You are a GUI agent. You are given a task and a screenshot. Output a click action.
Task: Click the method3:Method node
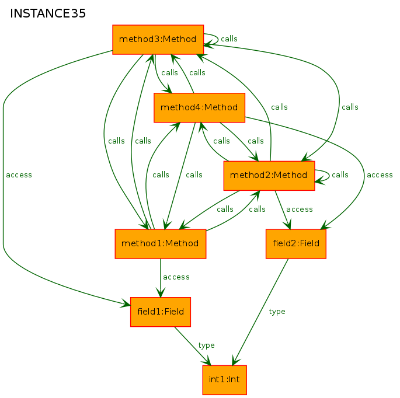pyautogui.click(x=158, y=40)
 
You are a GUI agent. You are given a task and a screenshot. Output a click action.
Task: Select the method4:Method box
pyautogui.click(x=199, y=107)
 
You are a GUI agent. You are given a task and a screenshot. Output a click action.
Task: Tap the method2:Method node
pyautogui.click(x=269, y=176)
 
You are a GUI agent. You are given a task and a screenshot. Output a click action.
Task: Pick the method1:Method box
pyautogui.click(x=161, y=244)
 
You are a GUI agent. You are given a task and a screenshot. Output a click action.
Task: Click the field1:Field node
pyautogui.click(x=161, y=312)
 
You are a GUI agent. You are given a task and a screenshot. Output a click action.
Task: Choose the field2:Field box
pyautogui.click(x=296, y=244)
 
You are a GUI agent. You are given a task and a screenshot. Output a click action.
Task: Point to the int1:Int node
pyautogui.click(x=224, y=380)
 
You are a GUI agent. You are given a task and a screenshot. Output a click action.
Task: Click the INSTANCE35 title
pyautogui.click(x=48, y=13)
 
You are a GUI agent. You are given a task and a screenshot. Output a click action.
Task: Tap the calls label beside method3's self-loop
pyautogui.click(x=229, y=39)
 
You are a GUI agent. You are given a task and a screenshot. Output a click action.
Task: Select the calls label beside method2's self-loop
pyautogui.click(x=340, y=174)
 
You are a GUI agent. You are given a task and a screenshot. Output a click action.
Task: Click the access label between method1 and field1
pyautogui.click(x=176, y=277)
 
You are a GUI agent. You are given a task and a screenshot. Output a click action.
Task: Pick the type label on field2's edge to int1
pyautogui.click(x=277, y=312)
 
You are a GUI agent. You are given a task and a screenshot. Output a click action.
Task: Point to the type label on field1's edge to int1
pyautogui.click(x=206, y=345)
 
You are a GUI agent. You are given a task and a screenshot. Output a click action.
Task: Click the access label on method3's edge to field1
pyautogui.click(x=19, y=175)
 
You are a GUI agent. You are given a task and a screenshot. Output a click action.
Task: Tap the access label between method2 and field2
pyautogui.click(x=300, y=210)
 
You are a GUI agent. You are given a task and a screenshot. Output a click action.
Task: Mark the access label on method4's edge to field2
pyautogui.click(x=380, y=175)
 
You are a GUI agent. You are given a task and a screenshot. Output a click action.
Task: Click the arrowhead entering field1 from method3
pyautogui.click(x=126, y=303)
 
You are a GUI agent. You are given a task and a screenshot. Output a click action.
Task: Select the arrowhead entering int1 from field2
pyautogui.click(x=236, y=361)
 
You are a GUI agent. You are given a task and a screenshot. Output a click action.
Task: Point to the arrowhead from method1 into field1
pyautogui.click(x=161, y=292)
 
